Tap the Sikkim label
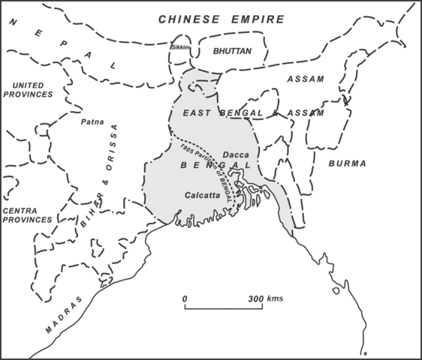pyautogui.click(x=181, y=47)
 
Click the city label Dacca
pyautogui.click(x=236, y=154)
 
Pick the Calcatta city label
pyautogui.click(x=202, y=195)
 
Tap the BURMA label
pyautogui.click(x=347, y=163)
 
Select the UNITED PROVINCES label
pyautogui.click(x=27, y=89)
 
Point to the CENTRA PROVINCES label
pyautogui.click(x=27, y=215)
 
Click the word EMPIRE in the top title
pyautogui.click(x=258, y=19)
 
